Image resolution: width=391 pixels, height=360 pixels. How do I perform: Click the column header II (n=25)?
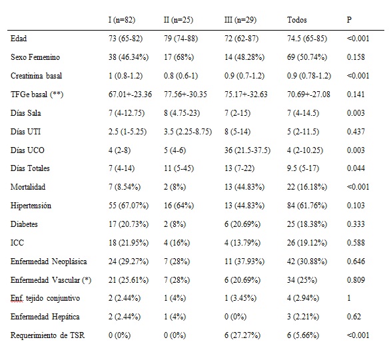pos(179,20)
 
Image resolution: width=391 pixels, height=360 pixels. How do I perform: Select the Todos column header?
pos(296,20)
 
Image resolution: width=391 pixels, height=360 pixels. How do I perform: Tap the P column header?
pos(349,20)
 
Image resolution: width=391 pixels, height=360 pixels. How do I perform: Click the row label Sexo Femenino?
pos(35,57)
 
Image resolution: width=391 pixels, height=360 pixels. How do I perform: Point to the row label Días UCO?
pos(27,150)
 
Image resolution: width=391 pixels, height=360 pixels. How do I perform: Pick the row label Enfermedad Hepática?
pos(45,317)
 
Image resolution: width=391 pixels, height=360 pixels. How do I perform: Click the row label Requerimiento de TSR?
pos(47,335)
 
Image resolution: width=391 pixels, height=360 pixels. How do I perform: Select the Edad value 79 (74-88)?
pos(181,39)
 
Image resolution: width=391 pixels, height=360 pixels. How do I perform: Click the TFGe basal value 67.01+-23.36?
pos(130,94)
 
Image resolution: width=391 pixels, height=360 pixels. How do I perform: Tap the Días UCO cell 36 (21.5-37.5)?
pos(247,150)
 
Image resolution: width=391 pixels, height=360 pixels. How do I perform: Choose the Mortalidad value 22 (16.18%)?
pos(307,187)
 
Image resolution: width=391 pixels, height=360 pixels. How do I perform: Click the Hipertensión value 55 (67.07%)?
pos(129,206)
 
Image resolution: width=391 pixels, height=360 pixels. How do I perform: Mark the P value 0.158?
pos(356,57)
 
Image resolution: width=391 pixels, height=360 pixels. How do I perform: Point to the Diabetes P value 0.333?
pos(356,224)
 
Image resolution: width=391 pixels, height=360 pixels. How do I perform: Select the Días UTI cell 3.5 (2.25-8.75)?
pos(188,132)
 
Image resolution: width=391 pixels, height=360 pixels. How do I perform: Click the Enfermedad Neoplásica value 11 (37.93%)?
pos(244,262)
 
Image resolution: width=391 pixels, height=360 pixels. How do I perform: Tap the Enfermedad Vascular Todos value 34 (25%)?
pos(302,280)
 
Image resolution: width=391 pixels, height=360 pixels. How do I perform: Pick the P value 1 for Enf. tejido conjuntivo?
pos(348,298)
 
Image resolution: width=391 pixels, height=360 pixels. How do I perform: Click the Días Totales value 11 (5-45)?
pos(179,168)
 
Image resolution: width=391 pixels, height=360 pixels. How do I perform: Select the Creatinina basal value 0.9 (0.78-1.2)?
pos(309,76)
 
